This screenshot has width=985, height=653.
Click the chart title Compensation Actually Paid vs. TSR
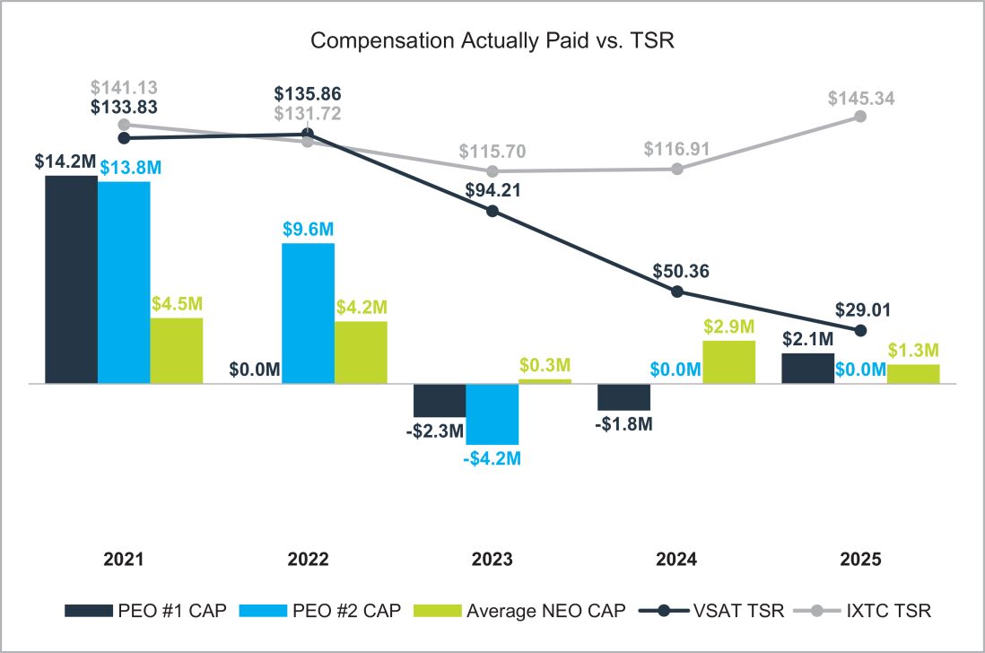click(492, 41)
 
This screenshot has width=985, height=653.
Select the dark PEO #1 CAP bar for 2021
click(71, 279)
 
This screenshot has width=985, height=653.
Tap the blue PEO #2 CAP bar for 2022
click(308, 313)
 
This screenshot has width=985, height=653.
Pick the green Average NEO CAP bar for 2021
click(176, 350)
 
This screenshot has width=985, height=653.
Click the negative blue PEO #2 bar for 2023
click(492, 414)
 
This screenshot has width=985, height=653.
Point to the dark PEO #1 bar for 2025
click(807, 368)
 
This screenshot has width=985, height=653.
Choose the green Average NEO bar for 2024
click(728, 361)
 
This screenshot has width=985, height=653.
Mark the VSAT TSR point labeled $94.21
click(492, 211)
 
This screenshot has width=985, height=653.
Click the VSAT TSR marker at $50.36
click(677, 292)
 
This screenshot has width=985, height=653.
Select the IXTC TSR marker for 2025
click(860, 116)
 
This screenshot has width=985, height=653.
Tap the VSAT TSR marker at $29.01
click(861, 330)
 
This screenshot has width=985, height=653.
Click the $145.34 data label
click(860, 97)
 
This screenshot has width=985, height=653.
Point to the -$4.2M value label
click(492, 459)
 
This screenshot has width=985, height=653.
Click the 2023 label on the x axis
click(492, 559)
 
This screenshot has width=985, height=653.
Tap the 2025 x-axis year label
click(861, 559)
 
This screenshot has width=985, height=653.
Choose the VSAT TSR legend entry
click(709, 612)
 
